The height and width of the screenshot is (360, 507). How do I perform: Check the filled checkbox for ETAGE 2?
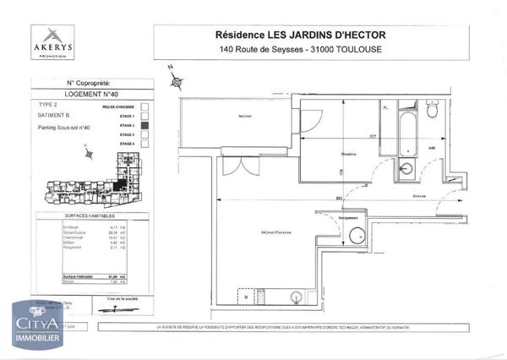[x=144, y=125]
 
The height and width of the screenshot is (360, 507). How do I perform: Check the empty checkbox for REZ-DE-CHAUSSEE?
[x=144, y=106]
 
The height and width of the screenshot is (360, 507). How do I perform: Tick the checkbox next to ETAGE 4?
[x=144, y=144]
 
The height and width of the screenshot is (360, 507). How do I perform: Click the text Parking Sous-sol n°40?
[x=64, y=128]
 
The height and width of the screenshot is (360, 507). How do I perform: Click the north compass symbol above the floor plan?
[x=175, y=80]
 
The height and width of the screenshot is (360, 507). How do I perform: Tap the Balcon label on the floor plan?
[x=246, y=117]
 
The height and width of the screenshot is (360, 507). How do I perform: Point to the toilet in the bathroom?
[x=407, y=168]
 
